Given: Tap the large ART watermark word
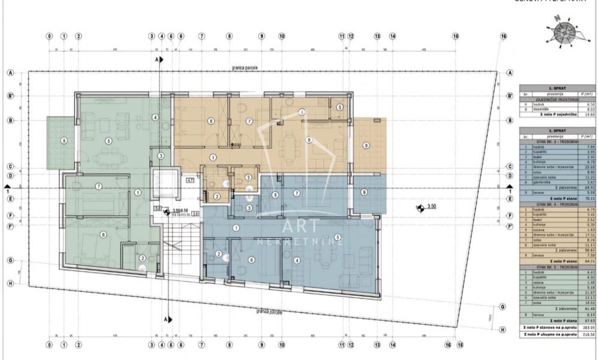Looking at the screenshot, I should click(x=298, y=226).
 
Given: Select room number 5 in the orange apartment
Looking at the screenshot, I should click(x=340, y=107).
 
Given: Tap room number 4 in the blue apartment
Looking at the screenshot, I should click(x=297, y=260).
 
